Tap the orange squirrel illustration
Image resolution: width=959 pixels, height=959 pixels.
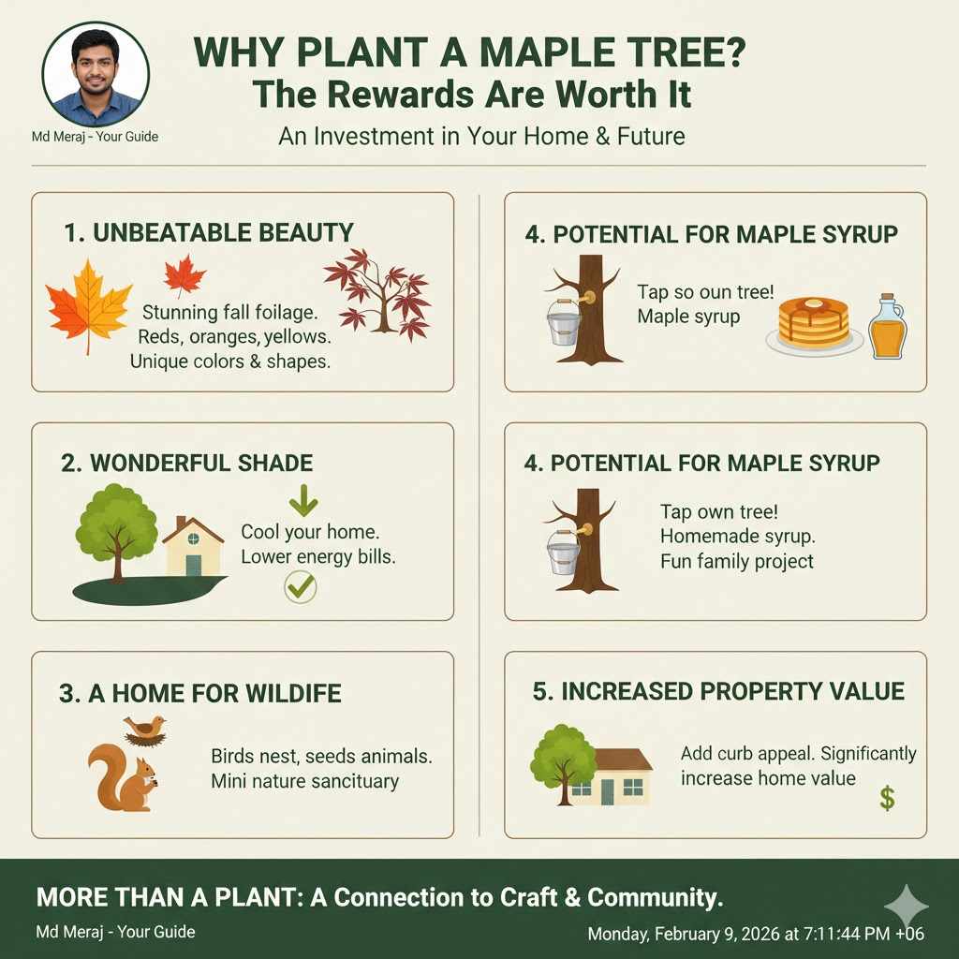[x=123, y=777]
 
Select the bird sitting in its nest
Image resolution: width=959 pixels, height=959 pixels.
[x=145, y=730]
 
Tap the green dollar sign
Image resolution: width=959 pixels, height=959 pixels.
[x=887, y=798]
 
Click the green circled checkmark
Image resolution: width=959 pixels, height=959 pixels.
[x=300, y=587]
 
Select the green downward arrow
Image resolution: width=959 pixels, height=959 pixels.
[x=303, y=501]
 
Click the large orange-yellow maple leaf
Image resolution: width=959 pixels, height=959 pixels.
[x=89, y=303]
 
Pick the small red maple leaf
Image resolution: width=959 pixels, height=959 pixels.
[x=184, y=274]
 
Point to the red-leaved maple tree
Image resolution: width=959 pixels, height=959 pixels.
[x=377, y=289]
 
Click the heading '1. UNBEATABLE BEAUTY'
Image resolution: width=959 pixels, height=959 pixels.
[x=209, y=232]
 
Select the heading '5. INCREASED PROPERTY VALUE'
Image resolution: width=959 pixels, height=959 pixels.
[x=718, y=692]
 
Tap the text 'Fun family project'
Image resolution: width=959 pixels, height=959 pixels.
[x=736, y=562]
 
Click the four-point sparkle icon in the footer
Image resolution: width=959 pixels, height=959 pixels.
[x=906, y=906]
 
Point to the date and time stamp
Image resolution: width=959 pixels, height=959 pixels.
[x=756, y=934]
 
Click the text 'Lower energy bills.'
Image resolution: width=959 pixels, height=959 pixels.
[x=317, y=556]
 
